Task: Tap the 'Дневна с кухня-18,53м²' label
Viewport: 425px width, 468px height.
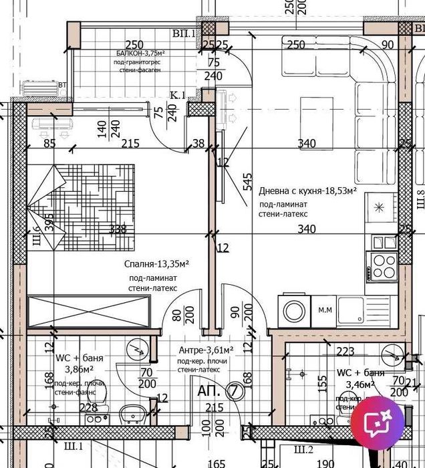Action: [307, 191]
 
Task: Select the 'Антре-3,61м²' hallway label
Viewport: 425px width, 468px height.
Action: [205, 350]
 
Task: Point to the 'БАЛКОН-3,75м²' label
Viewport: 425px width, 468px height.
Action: [140, 53]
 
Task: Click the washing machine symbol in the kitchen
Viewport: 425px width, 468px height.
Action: [294, 311]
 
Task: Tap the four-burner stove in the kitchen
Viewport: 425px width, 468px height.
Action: [384, 265]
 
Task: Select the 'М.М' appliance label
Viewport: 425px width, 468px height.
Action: [325, 310]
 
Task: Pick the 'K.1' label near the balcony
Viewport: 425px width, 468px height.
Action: [177, 96]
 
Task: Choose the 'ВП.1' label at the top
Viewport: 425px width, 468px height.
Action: [182, 33]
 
